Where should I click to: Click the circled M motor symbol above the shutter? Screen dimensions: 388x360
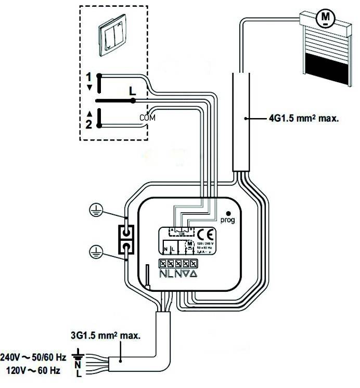[x=326, y=18]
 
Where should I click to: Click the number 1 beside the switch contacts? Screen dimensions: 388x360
[x=89, y=76]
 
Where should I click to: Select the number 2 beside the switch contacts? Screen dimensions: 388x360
[x=89, y=123]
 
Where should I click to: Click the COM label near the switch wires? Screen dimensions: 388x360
[x=148, y=118]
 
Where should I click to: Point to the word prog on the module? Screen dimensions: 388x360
[x=228, y=220]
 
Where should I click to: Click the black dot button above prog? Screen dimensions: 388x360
[x=228, y=213]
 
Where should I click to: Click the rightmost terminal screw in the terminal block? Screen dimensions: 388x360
[x=193, y=264]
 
